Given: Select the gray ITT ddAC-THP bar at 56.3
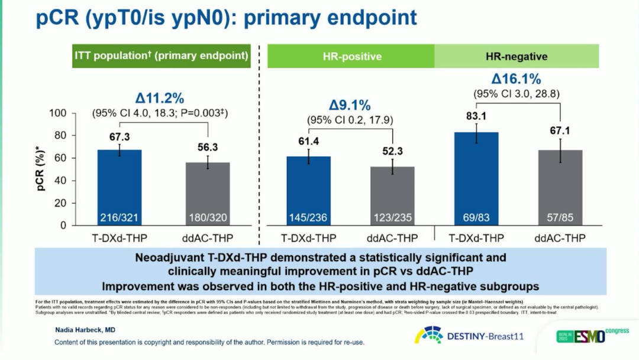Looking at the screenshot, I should tap(207, 192).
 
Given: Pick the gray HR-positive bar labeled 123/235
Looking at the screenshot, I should tap(393, 195).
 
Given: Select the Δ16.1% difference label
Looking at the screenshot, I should tap(517, 79).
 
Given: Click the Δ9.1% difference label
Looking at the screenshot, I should tap(350, 106).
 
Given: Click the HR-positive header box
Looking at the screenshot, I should tap(352, 57).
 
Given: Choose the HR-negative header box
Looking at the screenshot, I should tap(517, 57).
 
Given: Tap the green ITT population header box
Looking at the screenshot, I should tap(161, 56).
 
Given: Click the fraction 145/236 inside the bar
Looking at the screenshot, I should tap(309, 218).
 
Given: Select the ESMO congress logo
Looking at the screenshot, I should tap(592, 336).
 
